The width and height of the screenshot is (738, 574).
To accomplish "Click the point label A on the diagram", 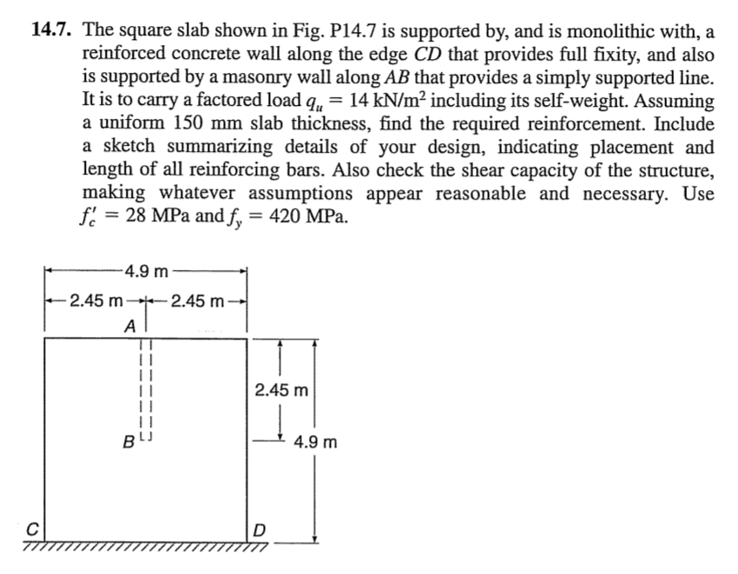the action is click(129, 327).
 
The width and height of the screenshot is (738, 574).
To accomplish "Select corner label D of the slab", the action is click(260, 529).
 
